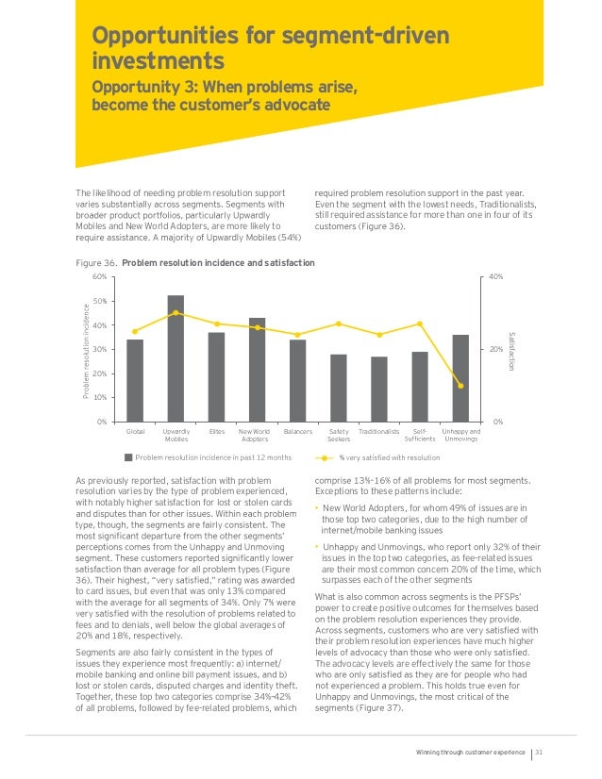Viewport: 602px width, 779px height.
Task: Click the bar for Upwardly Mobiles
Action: (176, 358)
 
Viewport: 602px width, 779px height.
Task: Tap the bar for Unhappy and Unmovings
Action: (460, 377)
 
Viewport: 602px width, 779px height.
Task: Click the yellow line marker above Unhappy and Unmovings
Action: (460, 386)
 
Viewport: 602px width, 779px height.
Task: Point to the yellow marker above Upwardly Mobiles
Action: (176, 312)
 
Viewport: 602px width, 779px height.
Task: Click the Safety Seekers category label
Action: (338, 435)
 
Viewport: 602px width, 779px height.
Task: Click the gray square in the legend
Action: (128, 458)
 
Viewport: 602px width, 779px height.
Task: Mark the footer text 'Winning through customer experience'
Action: (470, 752)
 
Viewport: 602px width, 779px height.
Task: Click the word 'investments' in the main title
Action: (158, 61)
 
